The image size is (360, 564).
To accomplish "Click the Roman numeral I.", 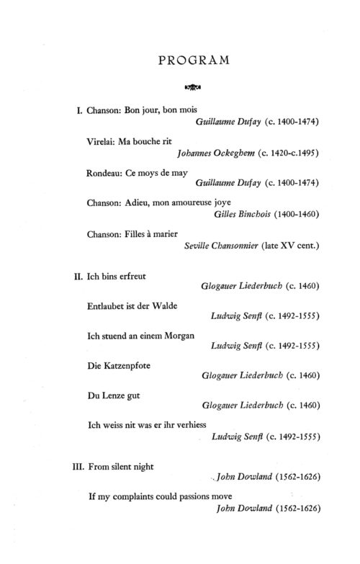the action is [78, 112].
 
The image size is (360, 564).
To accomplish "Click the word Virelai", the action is [102, 143].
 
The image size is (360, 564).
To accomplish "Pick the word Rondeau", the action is [105, 173].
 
